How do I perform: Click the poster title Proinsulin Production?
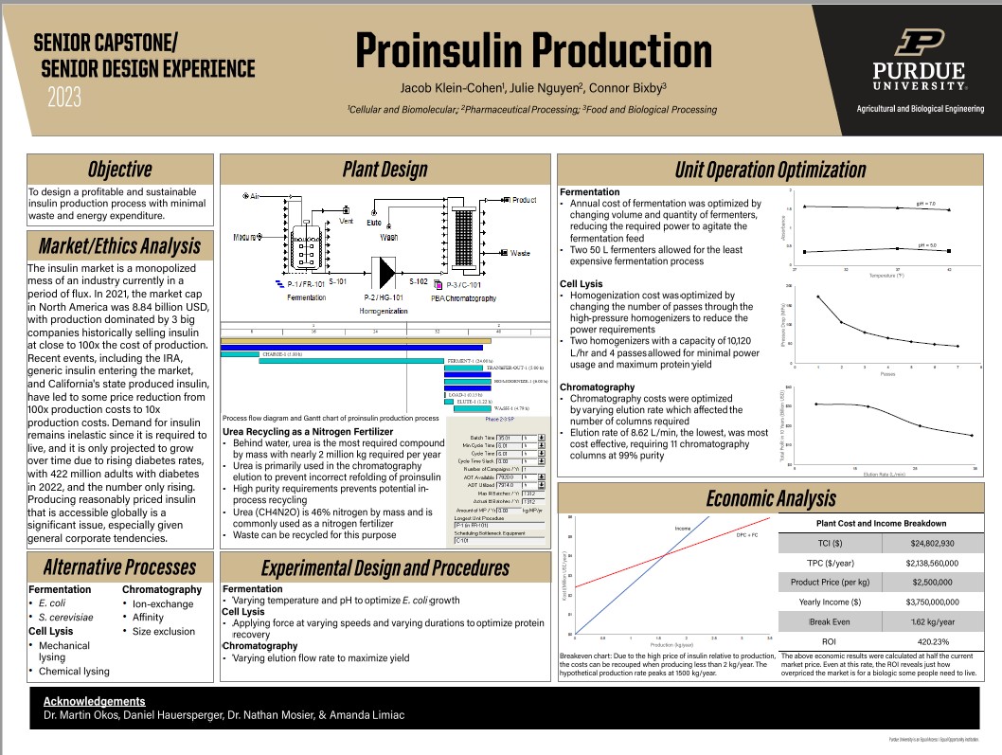[x=533, y=50]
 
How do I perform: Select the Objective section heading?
[x=119, y=170]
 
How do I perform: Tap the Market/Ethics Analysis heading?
[x=119, y=246]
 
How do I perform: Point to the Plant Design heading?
[x=385, y=170]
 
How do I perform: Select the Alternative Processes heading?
[x=119, y=567]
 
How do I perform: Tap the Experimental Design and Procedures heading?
[x=385, y=567]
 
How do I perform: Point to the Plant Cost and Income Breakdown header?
[x=881, y=523]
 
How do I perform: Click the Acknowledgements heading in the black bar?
[x=95, y=701]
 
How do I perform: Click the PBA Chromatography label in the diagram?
[x=463, y=299]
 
